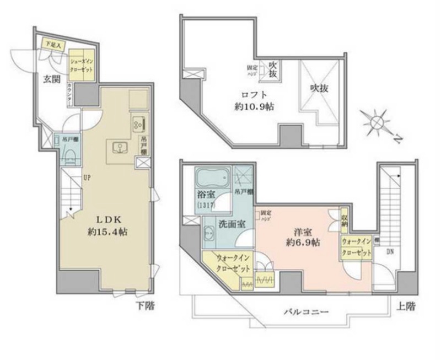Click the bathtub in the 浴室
[212, 179]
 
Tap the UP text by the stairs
[87, 178]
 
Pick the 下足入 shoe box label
[53, 45]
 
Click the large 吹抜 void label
[319, 87]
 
